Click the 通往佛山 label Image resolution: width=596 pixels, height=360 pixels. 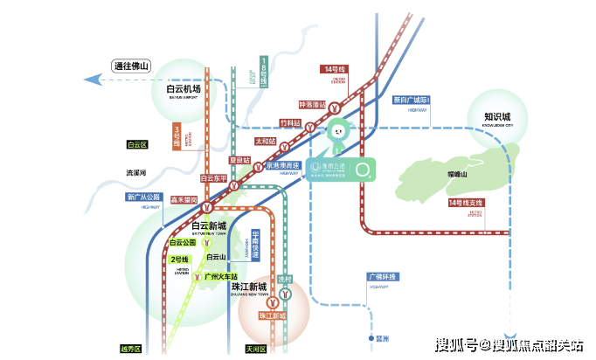coord(132,65)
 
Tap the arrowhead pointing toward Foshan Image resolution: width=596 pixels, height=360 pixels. coord(89,80)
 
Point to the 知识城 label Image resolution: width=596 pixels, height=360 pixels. coord(496,116)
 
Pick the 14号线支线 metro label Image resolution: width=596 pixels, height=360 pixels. coord(465,204)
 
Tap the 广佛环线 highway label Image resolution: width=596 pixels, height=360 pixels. coord(381,278)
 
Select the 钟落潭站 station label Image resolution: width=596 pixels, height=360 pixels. coord(311,105)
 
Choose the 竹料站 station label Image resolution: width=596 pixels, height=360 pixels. coord(289,124)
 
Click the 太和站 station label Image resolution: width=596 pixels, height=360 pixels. coord(265,141)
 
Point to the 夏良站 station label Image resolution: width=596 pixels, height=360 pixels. coord(239,160)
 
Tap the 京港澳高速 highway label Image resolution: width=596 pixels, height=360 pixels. coord(283,166)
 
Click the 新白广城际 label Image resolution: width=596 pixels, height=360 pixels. coord(410,99)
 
